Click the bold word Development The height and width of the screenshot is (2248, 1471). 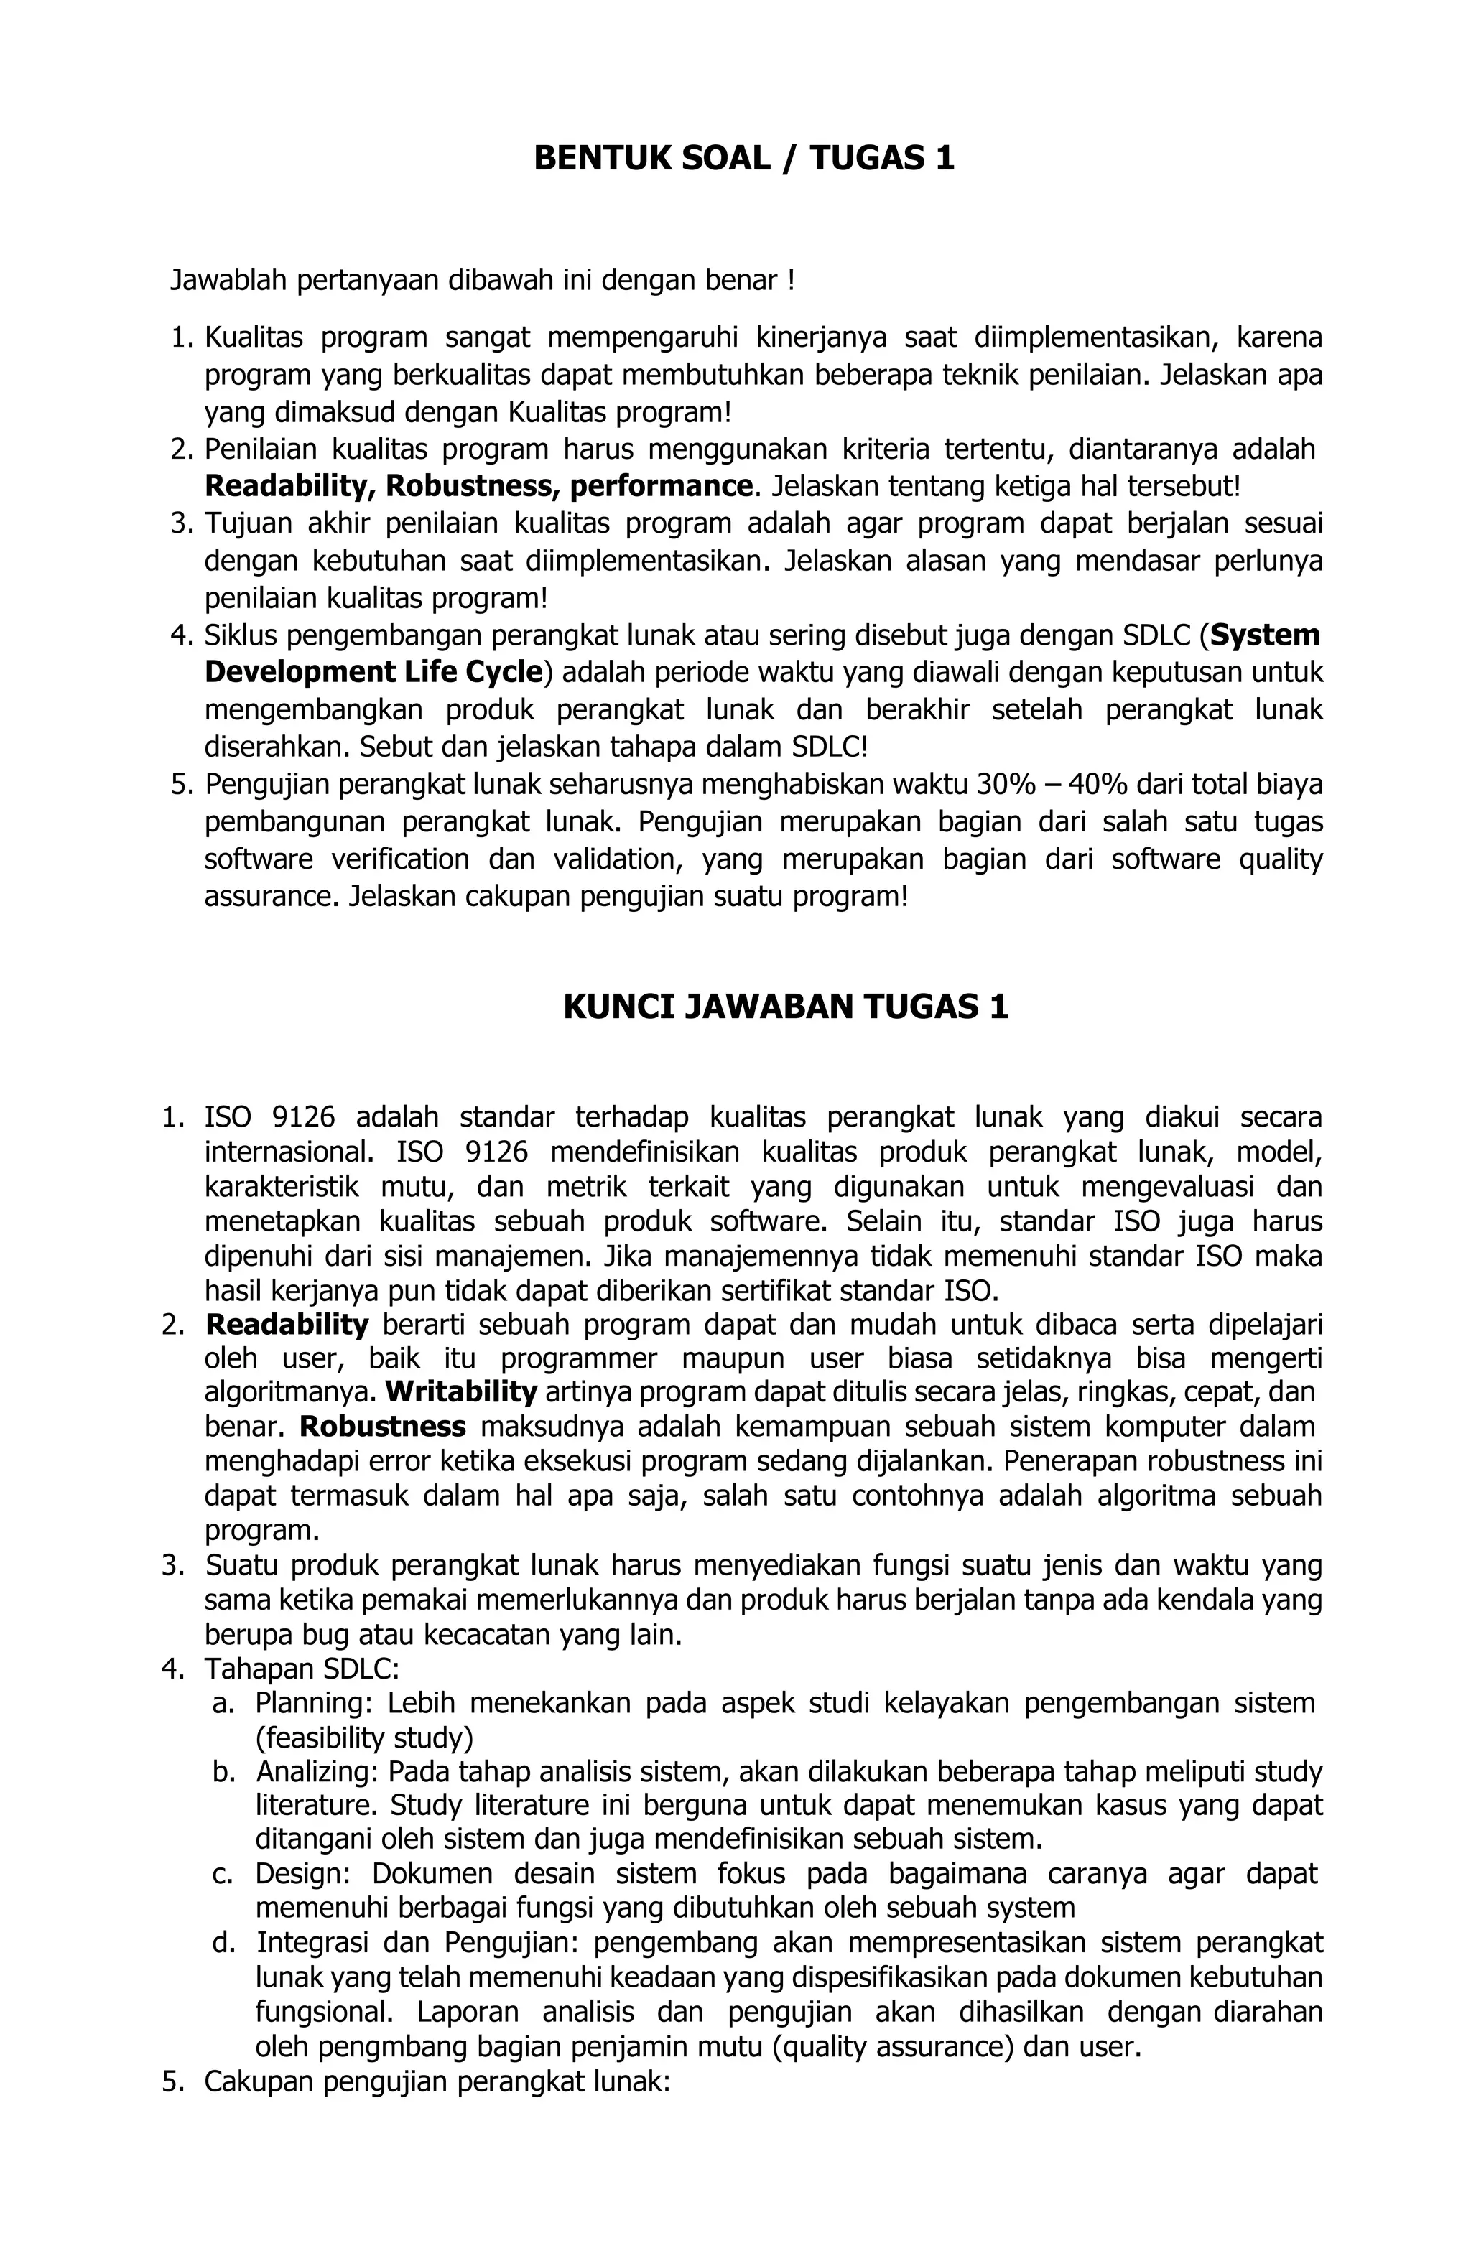299,673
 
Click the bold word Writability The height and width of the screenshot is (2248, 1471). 461,1391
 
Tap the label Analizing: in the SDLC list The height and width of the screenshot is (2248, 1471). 317,1771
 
